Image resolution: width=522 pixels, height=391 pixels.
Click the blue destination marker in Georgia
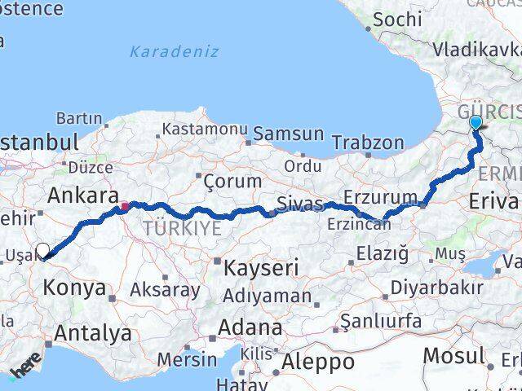[x=476, y=123]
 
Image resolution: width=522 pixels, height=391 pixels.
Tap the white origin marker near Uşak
[x=42, y=252]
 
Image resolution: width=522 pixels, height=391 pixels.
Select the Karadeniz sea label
[x=177, y=51]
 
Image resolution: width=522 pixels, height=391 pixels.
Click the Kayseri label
[x=262, y=267]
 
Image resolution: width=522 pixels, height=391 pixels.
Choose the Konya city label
[x=75, y=288]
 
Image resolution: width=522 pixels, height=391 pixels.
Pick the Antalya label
[x=93, y=332]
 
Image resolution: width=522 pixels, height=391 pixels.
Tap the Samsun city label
[x=288, y=134]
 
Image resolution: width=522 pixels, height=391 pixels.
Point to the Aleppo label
[x=317, y=361]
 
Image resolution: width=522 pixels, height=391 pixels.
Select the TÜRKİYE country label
[x=182, y=229]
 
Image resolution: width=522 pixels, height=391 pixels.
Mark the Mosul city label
[x=453, y=356]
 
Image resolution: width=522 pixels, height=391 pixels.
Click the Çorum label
[x=231, y=180]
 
